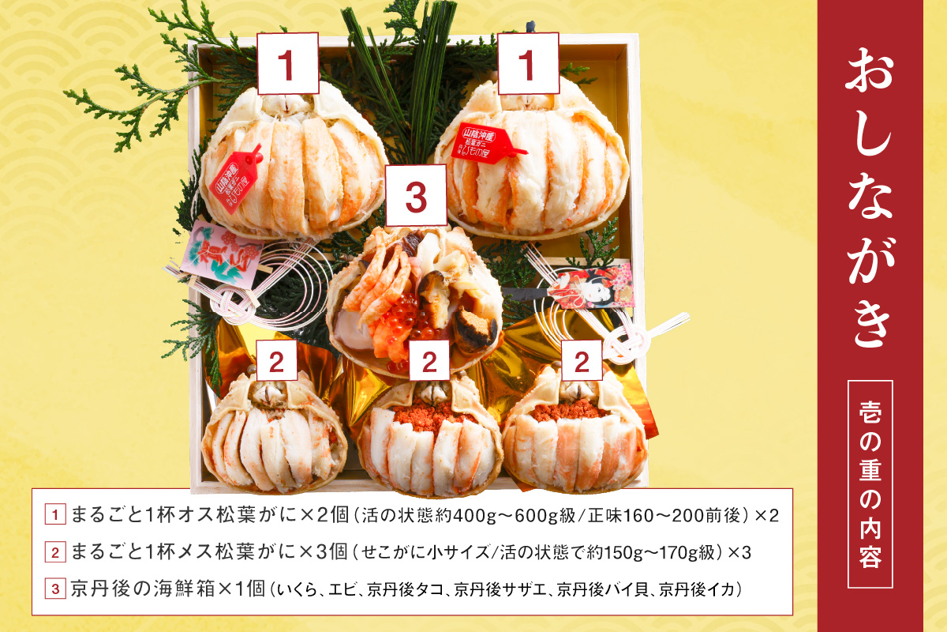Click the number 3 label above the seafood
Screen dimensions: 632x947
(417, 196)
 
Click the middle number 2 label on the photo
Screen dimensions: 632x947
(429, 361)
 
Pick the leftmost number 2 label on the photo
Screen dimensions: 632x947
(276, 361)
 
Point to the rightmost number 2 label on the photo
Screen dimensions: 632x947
(582, 361)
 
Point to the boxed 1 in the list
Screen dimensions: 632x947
(54, 515)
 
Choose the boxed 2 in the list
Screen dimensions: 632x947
(54, 552)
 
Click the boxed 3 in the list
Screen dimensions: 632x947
(54, 589)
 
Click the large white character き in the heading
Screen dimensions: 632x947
(869, 320)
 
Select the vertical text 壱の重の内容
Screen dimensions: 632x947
(870, 483)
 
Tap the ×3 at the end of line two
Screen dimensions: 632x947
(739, 552)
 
